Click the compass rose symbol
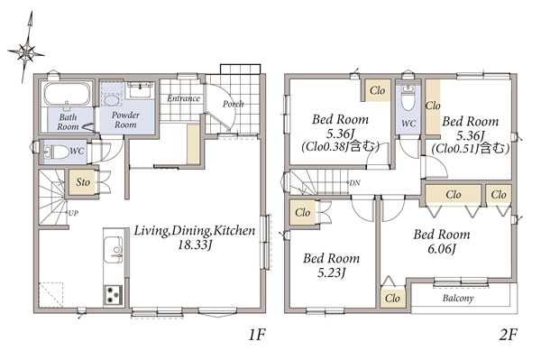[x=26, y=52]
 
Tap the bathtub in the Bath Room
[x=67, y=94]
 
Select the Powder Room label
[x=125, y=120]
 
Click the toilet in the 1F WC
[x=57, y=152]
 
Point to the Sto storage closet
[x=82, y=182]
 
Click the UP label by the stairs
[x=73, y=213]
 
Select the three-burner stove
[x=114, y=295]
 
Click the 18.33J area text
[x=194, y=245]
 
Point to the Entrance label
[x=184, y=98]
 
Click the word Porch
[x=234, y=104]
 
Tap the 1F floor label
[x=257, y=335]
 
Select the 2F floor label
[x=509, y=335]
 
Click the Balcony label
[x=458, y=298]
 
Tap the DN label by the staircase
[x=354, y=183]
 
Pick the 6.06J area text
[x=442, y=249]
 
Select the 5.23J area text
[x=331, y=273]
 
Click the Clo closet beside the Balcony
[x=392, y=298]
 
